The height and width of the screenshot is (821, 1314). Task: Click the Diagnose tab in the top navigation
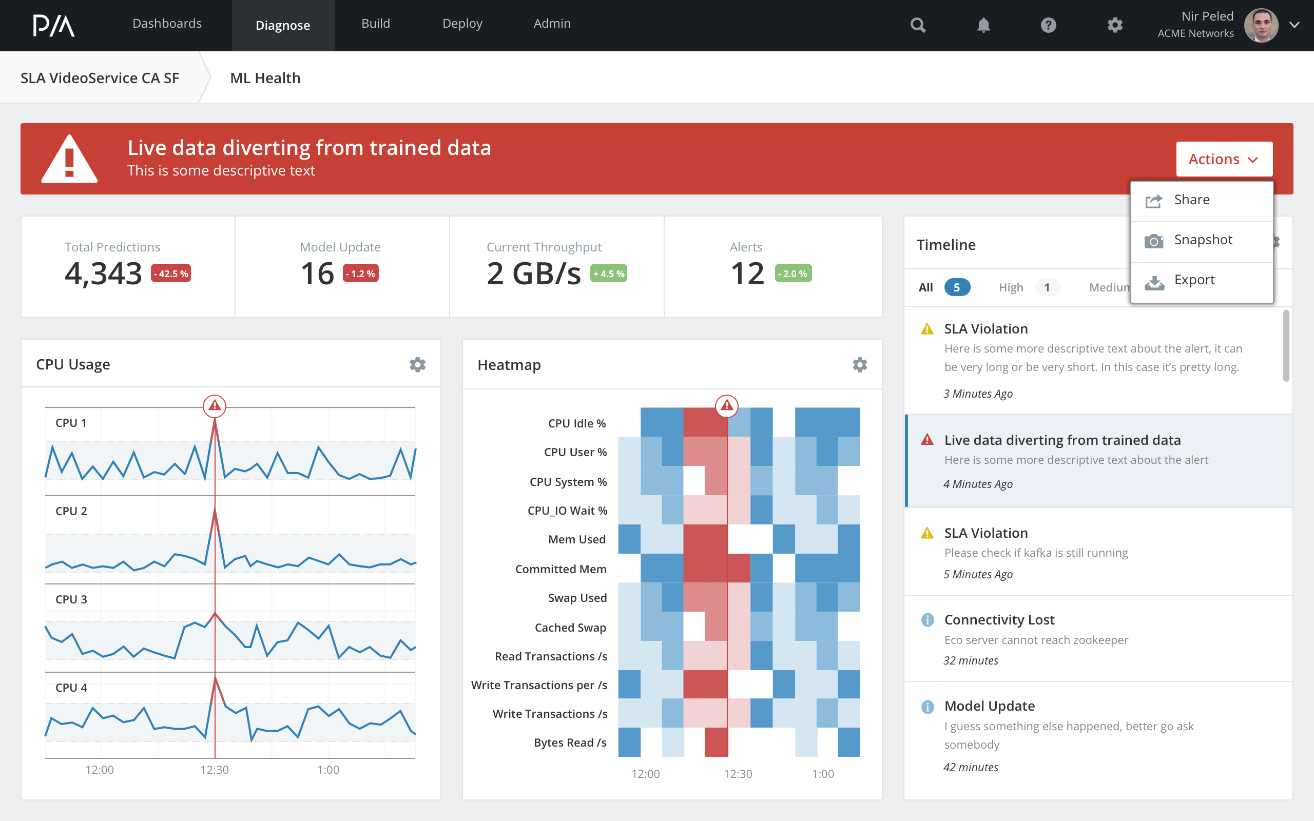point(283,26)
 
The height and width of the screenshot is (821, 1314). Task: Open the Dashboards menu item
point(167,24)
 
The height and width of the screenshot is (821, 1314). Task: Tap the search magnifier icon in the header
point(918,26)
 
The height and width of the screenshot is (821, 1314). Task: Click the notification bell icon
point(983,26)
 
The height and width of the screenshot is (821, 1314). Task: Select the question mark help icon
point(1049,26)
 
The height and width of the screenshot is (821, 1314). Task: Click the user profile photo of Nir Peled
point(1260,26)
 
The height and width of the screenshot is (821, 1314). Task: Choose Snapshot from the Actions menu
point(1202,240)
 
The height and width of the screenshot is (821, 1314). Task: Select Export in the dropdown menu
point(1194,280)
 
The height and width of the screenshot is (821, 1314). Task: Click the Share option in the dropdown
point(1191,200)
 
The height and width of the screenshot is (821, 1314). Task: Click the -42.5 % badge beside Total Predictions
point(171,273)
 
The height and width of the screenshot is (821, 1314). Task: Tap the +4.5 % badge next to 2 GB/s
point(608,273)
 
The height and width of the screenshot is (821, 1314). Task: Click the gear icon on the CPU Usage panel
point(417,364)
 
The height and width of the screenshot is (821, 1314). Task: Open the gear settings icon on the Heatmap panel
point(860,364)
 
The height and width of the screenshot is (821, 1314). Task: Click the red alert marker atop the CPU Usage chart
point(215,405)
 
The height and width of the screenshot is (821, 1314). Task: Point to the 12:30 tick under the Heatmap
point(738,774)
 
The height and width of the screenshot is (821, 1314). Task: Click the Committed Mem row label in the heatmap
point(561,569)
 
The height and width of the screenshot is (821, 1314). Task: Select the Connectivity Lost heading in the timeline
point(999,619)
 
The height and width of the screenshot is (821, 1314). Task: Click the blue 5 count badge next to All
point(957,287)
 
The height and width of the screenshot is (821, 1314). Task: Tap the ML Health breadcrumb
point(265,78)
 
